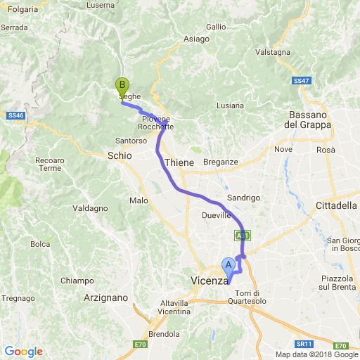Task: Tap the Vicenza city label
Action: pos(208,281)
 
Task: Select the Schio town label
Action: pos(120,155)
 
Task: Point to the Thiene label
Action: pos(179,162)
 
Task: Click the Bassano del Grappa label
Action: pos(307,120)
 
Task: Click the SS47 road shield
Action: pos(302,82)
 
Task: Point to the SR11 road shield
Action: pos(303,344)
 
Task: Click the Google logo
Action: pos(23,352)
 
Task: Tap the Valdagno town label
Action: pos(90,208)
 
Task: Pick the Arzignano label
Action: pos(105,297)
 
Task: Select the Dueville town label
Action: pos(216,215)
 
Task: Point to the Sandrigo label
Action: pos(244,198)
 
